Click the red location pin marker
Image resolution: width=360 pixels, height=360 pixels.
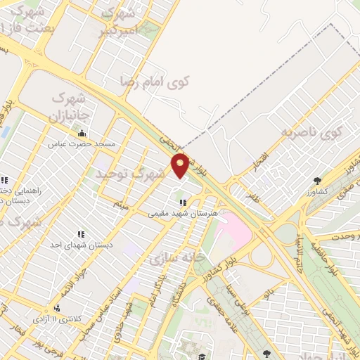click(180, 165)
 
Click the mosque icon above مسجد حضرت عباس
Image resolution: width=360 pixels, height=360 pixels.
click(82, 133)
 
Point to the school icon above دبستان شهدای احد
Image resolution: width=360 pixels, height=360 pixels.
click(81, 233)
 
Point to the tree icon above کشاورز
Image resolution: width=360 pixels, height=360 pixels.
click(318, 180)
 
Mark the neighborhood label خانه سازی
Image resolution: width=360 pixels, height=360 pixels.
click(171, 257)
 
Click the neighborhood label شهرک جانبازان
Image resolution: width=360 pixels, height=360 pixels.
click(70, 105)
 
